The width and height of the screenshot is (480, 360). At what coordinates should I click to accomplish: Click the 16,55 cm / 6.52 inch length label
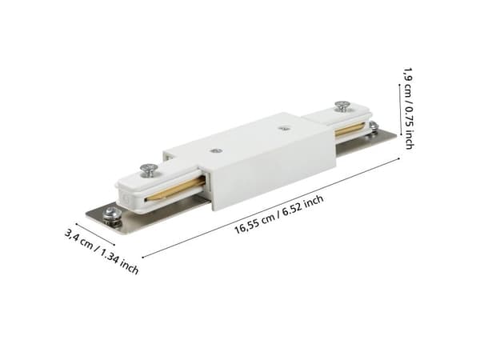(x=279, y=214)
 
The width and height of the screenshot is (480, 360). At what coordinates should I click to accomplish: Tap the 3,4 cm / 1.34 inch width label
(x=102, y=252)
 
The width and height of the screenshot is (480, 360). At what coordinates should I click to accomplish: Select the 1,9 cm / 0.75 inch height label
(x=409, y=108)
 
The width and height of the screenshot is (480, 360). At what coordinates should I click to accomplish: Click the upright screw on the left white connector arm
(x=149, y=170)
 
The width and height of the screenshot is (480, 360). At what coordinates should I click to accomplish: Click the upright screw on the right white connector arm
(x=343, y=106)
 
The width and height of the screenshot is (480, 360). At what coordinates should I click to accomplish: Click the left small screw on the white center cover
(x=218, y=150)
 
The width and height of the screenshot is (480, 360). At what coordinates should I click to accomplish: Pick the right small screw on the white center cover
(x=286, y=129)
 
